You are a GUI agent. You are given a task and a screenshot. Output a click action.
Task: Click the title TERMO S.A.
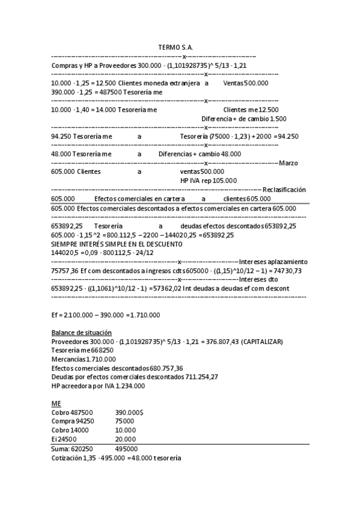tap(175, 47)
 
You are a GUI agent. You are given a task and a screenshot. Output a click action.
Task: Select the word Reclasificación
tap(284, 189)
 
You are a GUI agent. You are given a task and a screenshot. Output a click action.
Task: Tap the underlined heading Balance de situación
tap(81, 333)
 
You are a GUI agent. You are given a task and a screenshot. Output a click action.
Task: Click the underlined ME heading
tap(56, 403)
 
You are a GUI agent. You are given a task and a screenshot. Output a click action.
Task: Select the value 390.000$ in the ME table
tap(129, 413)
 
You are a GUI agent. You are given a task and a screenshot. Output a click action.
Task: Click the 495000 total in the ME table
tap(126, 449)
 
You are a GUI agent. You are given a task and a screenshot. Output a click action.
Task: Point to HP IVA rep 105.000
tap(209, 180)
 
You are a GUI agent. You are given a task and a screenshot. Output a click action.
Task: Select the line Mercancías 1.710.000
tap(84, 360)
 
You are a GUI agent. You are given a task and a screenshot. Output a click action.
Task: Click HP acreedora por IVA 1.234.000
tap(98, 386)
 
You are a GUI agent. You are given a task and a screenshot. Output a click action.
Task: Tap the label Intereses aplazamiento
tap(273, 262)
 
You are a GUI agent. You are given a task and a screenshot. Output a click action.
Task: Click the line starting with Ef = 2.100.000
tap(105, 315)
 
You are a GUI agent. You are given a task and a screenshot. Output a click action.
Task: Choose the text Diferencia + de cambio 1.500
tap(243, 119)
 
